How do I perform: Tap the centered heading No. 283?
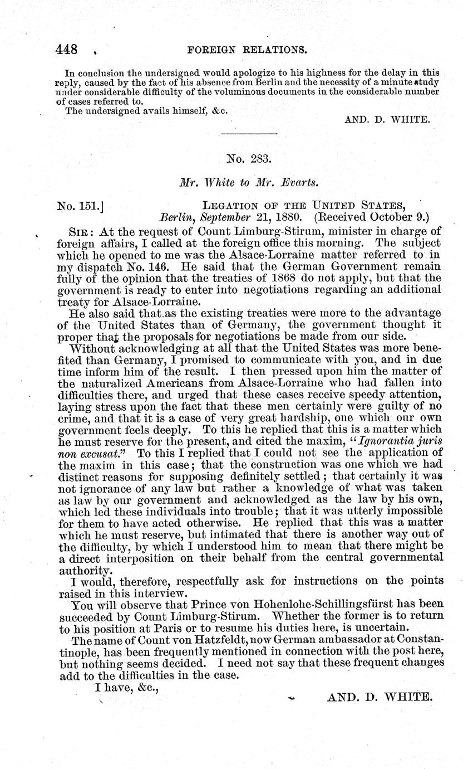pyautogui.click(x=249, y=159)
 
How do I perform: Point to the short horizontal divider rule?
pyautogui.click(x=249, y=134)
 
